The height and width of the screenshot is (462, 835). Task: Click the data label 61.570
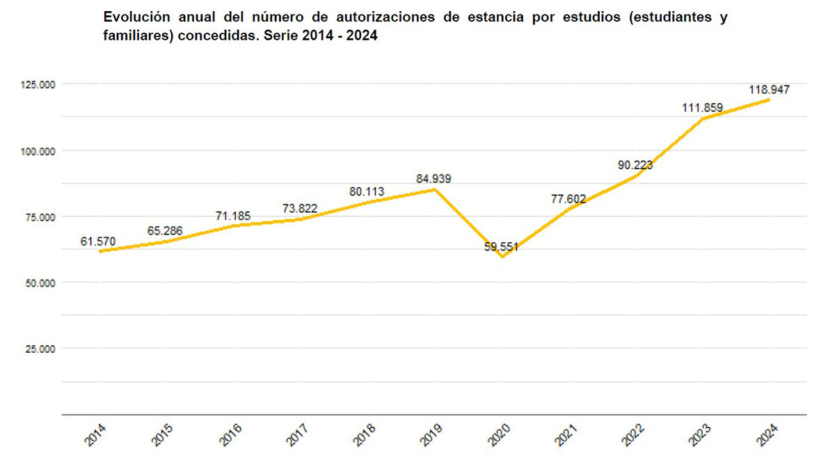click(x=98, y=241)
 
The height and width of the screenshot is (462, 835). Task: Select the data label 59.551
click(x=502, y=247)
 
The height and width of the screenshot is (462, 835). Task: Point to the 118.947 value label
click(x=769, y=90)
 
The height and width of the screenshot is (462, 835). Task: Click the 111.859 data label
click(x=702, y=108)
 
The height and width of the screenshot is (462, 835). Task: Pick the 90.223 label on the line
click(x=635, y=165)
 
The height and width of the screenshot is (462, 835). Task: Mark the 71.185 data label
click(x=233, y=216)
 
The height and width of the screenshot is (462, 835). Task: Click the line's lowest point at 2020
click(x=502, y=257)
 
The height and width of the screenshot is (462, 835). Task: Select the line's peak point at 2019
click(x=435, y=189)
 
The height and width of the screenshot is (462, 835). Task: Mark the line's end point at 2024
click(x=769, y=99)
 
